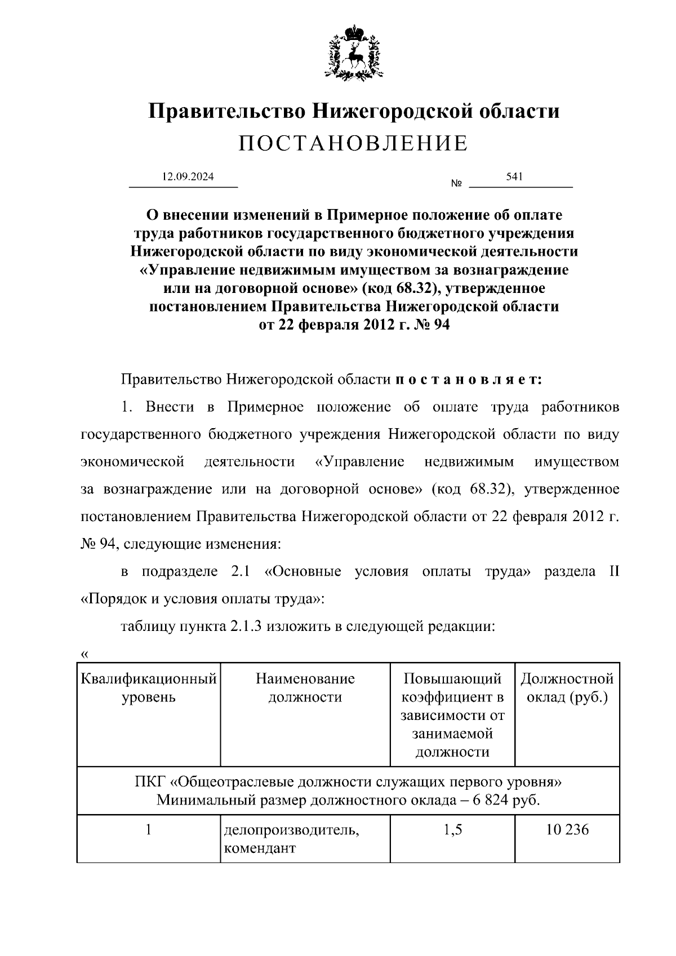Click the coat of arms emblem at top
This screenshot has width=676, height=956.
[x=354, y=52]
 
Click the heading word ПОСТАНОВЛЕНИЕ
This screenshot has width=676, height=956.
[x=353, y=144]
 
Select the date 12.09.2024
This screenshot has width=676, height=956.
[x=188, y=177]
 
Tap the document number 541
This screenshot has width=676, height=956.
[x=515, y=177]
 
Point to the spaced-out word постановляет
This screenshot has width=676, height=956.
[x=468, y=380]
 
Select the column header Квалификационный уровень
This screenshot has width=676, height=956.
[x=149, y=688]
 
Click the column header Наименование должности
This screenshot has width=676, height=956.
[x=305, y=688]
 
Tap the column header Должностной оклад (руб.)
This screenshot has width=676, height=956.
[x=567, y=688]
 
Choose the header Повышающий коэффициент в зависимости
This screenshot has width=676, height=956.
[x=452, y=706]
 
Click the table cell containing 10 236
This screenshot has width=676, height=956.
[x=567, y=830]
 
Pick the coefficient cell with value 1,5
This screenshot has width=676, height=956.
[x=452, y=830]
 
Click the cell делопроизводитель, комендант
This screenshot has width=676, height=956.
[x=292, y=839]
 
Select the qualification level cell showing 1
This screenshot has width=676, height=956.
[x=149, y=830]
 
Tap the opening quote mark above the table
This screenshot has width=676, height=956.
[x=84, y=654]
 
